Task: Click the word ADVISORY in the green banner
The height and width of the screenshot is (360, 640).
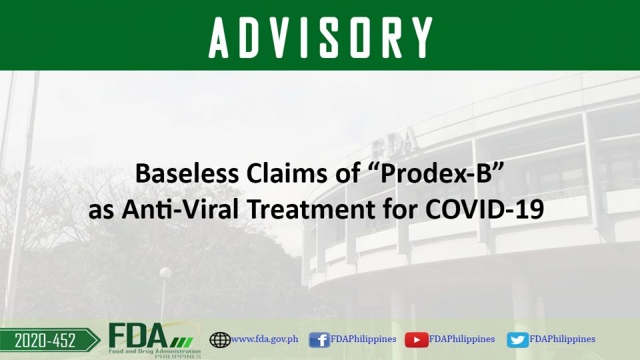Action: [321, 37]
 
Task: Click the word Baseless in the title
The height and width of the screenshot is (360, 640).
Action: [187, 173]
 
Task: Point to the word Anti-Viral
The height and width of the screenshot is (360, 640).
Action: [180, 209]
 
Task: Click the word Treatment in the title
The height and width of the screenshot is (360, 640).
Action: [311, 209]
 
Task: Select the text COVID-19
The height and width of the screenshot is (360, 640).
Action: [485, 209]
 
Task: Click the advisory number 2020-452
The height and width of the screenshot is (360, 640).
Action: [45, 341]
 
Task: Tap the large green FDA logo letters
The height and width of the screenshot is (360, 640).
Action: [138, 335]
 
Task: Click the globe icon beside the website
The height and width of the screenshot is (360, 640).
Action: [220, 339]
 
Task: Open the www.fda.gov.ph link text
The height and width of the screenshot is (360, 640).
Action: [265, 339]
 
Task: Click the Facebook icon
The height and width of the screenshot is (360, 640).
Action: [319, 339]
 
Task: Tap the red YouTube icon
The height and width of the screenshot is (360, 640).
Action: [416, 339]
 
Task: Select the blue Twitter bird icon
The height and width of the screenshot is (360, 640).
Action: [517, 339]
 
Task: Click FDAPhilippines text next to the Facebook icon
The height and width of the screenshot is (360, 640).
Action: [363, 339]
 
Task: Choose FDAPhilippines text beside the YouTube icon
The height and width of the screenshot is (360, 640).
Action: [461, 339]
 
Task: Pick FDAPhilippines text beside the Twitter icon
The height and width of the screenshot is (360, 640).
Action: [562, 339]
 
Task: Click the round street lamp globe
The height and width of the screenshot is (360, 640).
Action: [165, 273]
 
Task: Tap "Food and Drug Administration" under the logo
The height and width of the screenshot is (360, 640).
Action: [155, 351]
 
